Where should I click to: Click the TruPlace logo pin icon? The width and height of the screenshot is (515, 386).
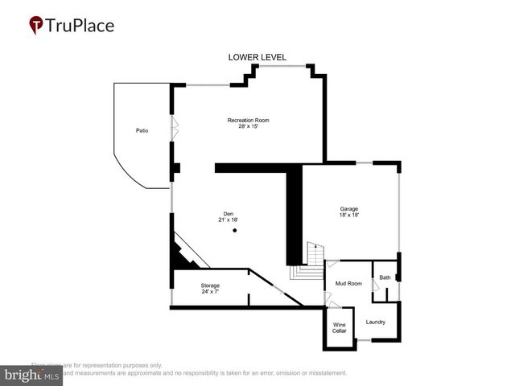[x=36, y=26]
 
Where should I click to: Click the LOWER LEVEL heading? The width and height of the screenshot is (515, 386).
[x=257, y=57]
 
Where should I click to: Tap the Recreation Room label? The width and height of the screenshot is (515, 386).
[x=248, y=121]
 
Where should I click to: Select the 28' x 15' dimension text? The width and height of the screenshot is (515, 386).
[x=248, y=127]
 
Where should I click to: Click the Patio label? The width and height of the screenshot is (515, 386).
[x=142, y=130]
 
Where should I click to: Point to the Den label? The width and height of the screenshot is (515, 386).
[x=229, y=213]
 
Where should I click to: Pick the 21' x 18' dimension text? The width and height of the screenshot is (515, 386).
[x=229, y=220]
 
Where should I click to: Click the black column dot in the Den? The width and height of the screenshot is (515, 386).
[x=235, y=231]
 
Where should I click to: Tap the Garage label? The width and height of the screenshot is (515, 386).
[x=348, y=209]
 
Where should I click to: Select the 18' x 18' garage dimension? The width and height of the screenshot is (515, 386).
[x=348, y=216]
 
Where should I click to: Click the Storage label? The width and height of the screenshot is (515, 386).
[x=210, y=285]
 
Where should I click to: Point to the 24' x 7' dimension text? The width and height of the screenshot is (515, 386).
[x=210, y=291]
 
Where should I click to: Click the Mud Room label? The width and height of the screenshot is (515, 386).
[x=348, y=284]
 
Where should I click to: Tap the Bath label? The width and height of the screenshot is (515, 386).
[x=385, y=278]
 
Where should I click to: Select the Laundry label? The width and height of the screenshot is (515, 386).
[x=375, y=322]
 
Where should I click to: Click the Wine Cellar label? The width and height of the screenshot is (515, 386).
[x=340, y=328]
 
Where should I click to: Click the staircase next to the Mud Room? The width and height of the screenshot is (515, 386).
[x=308, y=262]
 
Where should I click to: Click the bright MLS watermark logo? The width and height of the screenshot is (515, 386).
[x=31, y=376]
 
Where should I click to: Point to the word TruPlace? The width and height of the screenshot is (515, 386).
[x=80, y=26]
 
